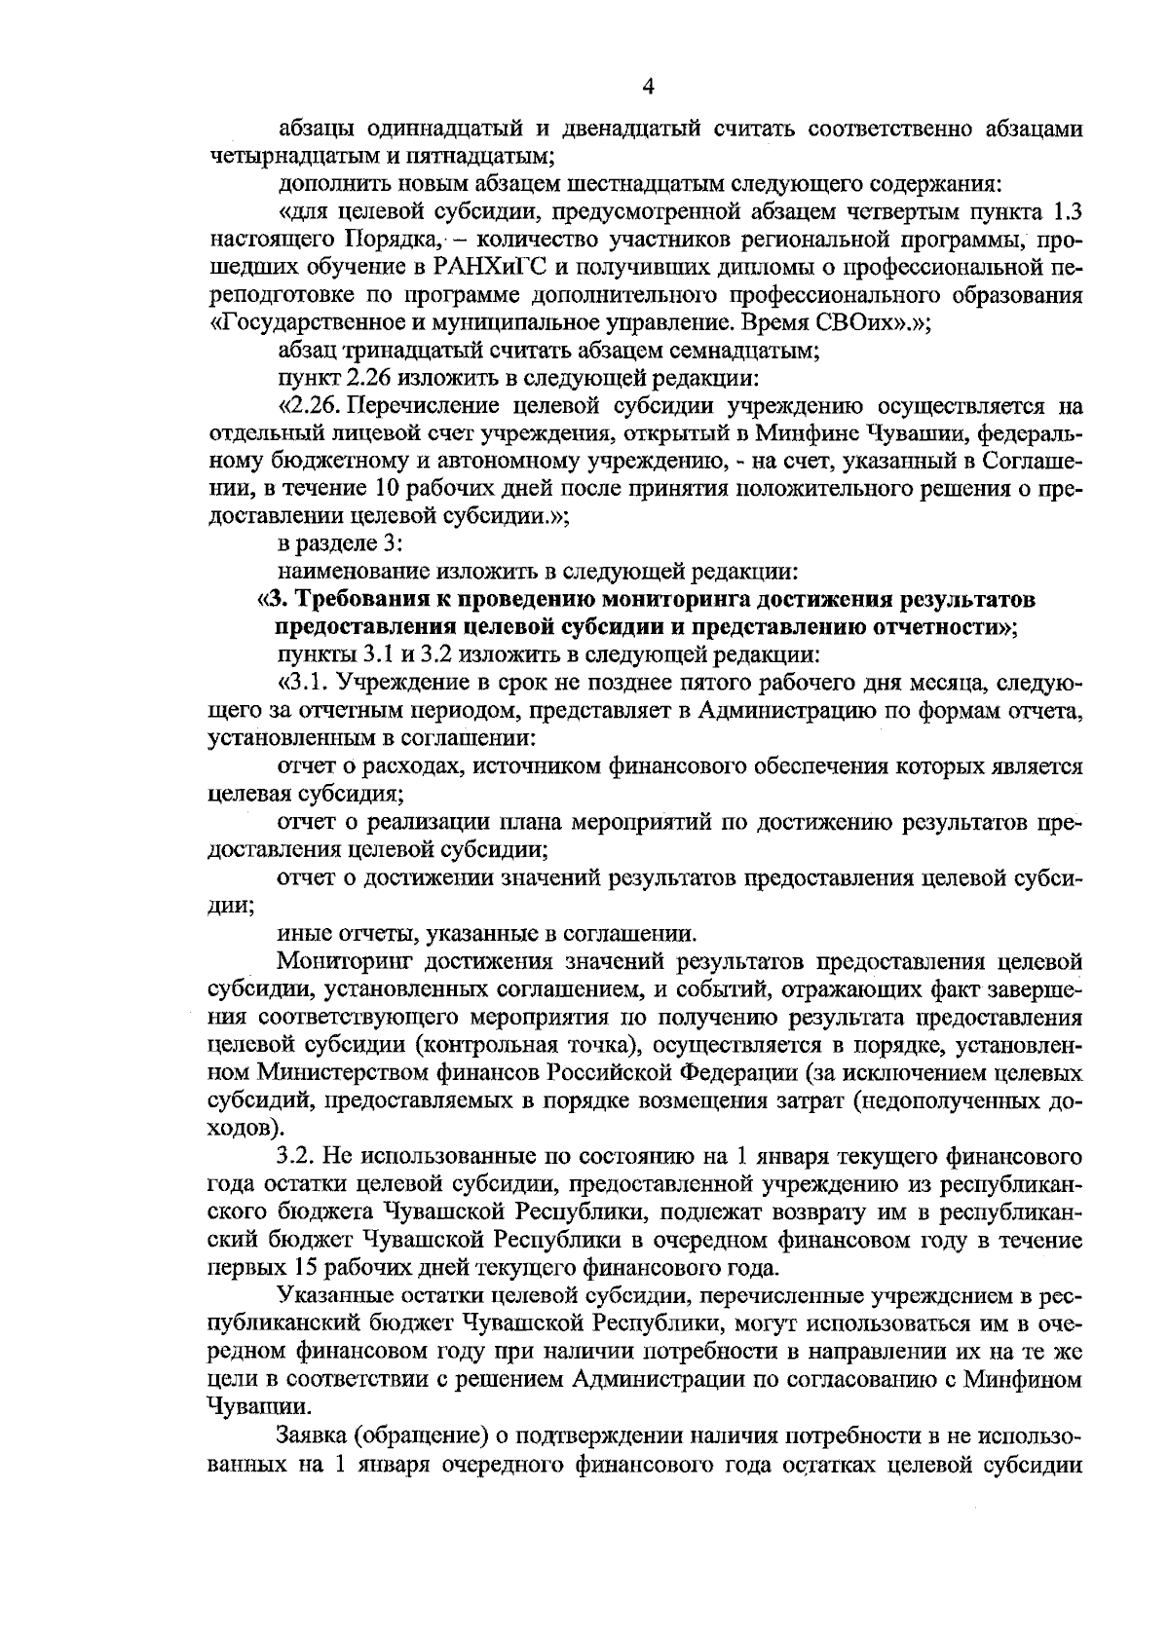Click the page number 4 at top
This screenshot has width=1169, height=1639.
[648, 87]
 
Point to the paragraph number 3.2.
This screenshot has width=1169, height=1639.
[294, 1156]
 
